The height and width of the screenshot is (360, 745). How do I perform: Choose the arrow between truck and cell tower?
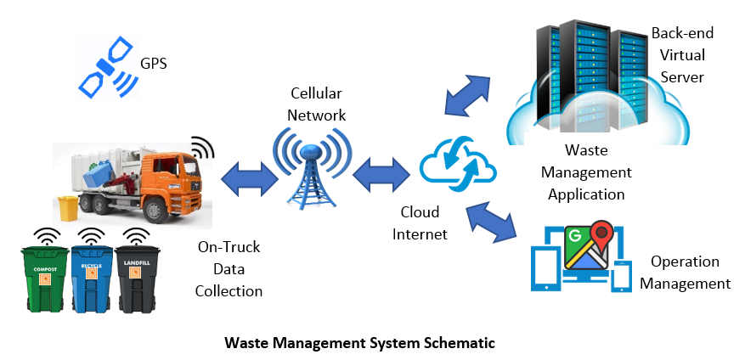(x=249, y=177)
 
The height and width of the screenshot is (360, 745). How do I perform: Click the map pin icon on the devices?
(x=602, y=235)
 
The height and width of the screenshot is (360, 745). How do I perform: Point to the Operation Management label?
(x=685, y=273)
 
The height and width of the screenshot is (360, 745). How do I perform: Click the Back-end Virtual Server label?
(x=682, y=55)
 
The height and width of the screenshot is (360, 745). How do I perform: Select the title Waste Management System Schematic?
(x=359, y=344)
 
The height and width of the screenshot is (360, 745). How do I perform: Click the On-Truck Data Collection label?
(x=229, y=269)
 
